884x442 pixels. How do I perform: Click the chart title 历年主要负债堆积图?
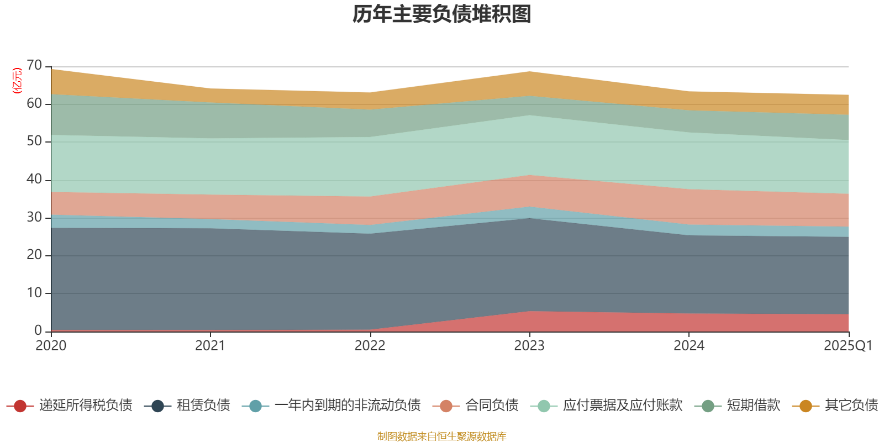coord(442,14)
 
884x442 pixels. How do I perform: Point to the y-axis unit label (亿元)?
coord(17,81)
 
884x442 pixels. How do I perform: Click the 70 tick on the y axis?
coord(34,66)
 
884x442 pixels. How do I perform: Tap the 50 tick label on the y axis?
coord(34,141)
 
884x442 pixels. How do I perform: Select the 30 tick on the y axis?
coord(34,217)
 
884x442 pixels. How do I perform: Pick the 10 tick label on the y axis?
coord(34,293)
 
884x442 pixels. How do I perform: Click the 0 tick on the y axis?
coord(38,330)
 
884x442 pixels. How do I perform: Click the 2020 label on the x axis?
coord(51,346)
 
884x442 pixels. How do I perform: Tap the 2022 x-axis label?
coord(370,346)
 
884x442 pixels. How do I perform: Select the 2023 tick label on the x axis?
coord(529,346)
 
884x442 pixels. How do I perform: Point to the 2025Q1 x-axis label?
coord(848,346)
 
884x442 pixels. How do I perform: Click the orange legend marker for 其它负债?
coord(806,406)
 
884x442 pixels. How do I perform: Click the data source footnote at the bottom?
coord(442,436)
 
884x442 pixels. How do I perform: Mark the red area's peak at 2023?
coord(529,312)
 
